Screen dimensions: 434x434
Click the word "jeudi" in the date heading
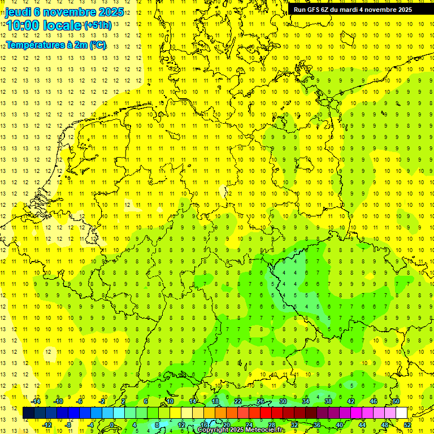[18, 12]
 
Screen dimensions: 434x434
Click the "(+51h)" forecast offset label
[98, 25]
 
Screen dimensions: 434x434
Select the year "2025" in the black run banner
[403, 10]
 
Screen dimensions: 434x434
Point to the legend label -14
[36, 401]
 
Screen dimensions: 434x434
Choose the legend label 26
[261, 401]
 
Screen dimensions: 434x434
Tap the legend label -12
[47, 424]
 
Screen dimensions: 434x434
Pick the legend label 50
[396, 401]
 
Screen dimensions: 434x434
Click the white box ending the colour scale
[401, 413]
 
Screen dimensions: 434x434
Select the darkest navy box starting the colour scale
[28, 413]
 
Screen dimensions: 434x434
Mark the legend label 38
[328, 401]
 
